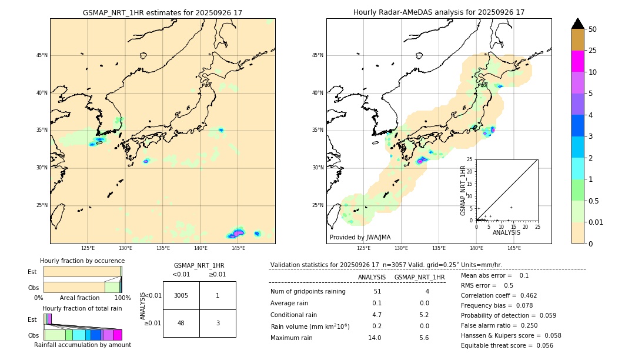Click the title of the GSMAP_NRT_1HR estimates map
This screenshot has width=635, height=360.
162,12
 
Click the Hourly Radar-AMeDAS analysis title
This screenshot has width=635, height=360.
439,12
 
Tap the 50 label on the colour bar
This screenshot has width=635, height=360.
593,29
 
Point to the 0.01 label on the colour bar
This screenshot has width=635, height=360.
595,222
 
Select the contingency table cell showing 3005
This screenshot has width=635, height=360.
181,295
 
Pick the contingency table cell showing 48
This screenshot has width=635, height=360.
181,323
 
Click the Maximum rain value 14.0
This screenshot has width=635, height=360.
375,338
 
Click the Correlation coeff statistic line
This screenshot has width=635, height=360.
499,295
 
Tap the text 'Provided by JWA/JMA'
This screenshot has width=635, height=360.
360,237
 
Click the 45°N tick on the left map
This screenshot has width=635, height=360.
42,55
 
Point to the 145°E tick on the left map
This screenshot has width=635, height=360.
238,249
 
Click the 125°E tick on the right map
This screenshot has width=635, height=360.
364,249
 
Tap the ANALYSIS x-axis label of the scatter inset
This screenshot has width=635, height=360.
506,232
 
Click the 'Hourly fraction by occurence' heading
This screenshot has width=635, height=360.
82,261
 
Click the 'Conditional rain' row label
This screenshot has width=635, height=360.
295,315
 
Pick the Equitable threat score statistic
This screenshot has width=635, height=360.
507,345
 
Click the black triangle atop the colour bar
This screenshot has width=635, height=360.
578,24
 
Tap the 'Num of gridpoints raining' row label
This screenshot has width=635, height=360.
308,291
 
